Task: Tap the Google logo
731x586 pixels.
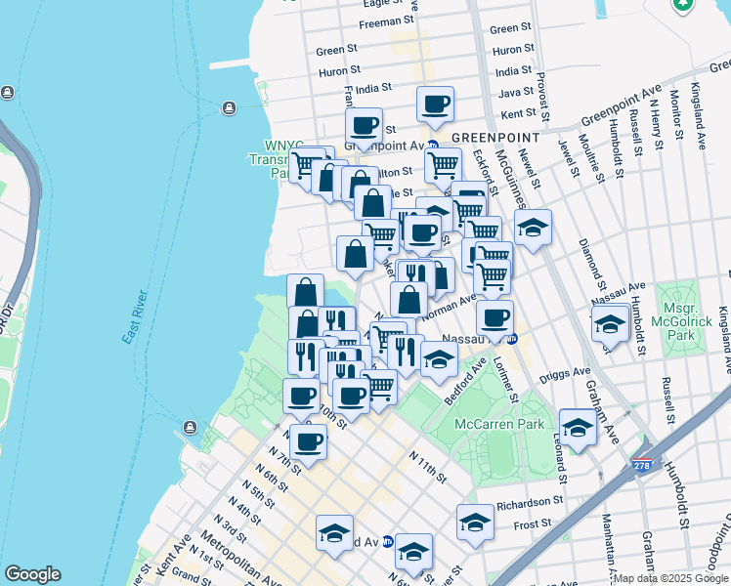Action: coord(32,574)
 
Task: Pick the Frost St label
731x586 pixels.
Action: coord(533,524)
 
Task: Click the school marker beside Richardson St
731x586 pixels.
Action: coord(475,522)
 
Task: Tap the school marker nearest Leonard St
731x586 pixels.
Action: coord(578,426)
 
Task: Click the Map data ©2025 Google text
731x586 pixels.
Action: coord(670,578)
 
